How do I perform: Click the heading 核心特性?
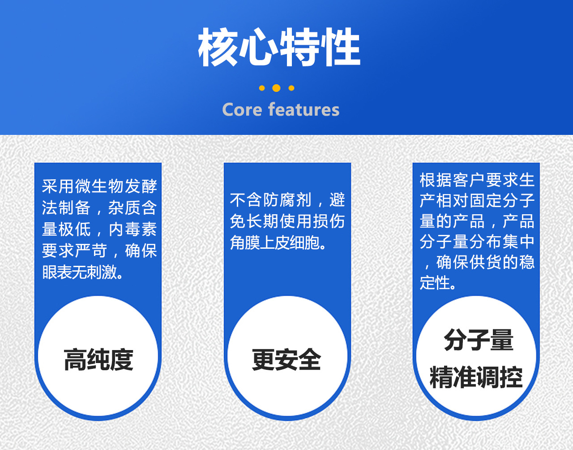point(279,48)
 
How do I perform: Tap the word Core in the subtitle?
point(242,110)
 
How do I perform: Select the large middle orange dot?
point(276,88)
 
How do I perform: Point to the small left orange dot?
point(262,88)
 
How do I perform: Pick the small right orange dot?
point(291,88)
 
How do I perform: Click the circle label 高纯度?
point(98,360)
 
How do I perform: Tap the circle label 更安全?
point(286,360)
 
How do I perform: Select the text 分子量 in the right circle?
point(479,340)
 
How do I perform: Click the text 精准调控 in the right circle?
point(476,377)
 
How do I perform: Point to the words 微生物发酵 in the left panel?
point(116,186)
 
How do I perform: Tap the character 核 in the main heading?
point(218,48)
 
